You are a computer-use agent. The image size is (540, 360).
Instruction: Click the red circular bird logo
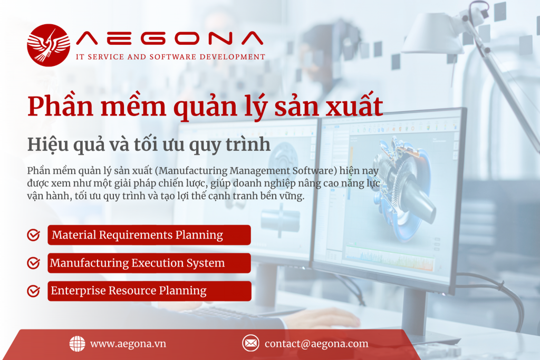pos(49,45)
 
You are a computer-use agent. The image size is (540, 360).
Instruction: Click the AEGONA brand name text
pos(169,38)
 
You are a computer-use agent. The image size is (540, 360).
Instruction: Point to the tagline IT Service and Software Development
pos(170,57)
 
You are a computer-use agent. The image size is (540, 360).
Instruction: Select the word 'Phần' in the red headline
pos(61,105)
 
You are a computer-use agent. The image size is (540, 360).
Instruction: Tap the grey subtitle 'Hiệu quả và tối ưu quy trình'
pos(149,144)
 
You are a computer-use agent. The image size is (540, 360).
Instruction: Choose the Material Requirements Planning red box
pos(149,235)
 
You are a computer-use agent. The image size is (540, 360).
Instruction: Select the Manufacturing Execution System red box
pos(149,263)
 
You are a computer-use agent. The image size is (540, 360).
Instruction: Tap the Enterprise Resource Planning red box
pos(149,291)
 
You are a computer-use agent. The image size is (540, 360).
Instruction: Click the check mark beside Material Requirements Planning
pos(33,235)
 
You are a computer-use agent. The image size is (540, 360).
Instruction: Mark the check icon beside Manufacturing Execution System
pos(33,263)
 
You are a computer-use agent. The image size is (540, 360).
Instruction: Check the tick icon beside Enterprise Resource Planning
pos(33,291)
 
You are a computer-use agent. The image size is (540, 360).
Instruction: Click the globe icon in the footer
pos(77,344)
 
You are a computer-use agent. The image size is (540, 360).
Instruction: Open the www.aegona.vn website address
pos(128,344)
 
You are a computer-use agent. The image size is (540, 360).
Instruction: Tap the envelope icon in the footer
pos(250,343)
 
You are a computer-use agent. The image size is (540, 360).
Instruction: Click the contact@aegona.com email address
pos(316,344)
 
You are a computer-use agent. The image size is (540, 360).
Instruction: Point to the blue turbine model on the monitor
pos(403,190)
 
